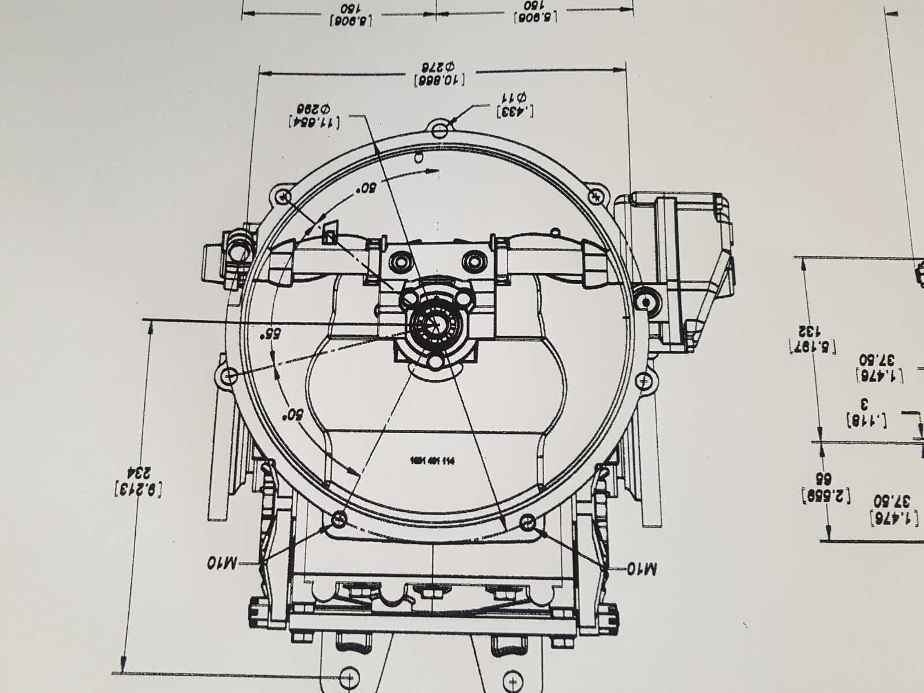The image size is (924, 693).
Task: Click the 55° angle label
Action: [266, 334]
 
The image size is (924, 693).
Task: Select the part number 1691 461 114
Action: [432, 461]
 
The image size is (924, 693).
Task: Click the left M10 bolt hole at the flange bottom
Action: [339, 521]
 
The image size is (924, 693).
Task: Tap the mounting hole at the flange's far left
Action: [229, 376]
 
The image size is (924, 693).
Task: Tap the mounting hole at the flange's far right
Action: [643, 381]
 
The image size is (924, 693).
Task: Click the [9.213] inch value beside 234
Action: [139, 490]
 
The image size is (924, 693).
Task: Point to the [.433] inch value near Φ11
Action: [514, 110]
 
